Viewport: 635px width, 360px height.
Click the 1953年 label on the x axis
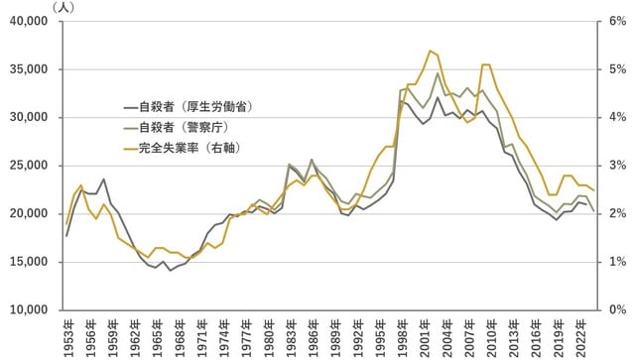66,335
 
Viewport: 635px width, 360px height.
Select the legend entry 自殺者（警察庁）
183,128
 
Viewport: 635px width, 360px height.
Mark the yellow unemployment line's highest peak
430,51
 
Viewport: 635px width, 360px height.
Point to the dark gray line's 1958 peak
103,180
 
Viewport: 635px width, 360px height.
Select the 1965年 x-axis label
155,335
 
